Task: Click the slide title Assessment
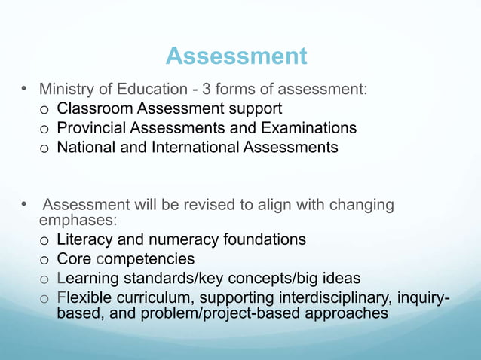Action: pos(236,56)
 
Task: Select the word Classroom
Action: pos(93,109)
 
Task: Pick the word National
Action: pos(84,147)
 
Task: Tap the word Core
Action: pos(74,259)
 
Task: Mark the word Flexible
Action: pos(84,297)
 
